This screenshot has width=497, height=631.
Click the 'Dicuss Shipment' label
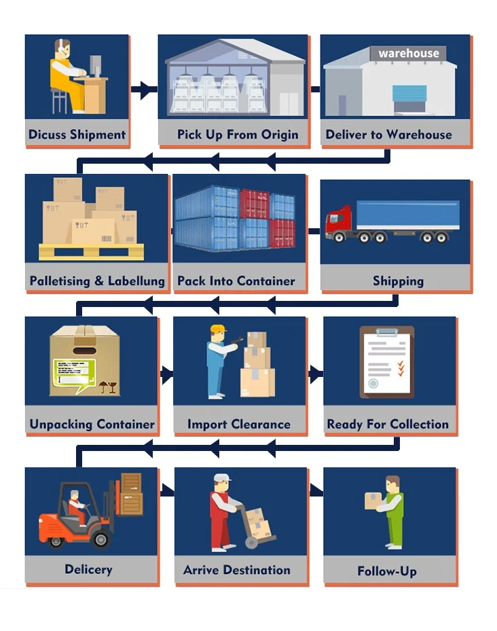click(77, 134)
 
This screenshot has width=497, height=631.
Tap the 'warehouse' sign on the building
click(409, 53)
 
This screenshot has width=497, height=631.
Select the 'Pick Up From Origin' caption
click(238, 134)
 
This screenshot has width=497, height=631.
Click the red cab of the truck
click(337, 220)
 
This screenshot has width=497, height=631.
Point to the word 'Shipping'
click(398, 281)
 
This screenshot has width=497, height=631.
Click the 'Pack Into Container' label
click(236, 281)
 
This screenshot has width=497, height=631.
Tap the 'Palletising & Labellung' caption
click(97, 281)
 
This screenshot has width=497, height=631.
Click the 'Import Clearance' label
click(238, 425)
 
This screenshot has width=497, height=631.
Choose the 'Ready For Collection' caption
click(388, 425)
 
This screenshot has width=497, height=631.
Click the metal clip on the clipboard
click(387, 332)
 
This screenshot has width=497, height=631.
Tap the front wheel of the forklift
click(99, 539)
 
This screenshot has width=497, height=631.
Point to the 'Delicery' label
click(88, 569)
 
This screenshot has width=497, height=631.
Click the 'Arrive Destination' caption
click(237, 571)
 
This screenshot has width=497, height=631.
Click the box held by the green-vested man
click(373, 500)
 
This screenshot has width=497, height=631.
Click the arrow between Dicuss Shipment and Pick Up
click(144, 90)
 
